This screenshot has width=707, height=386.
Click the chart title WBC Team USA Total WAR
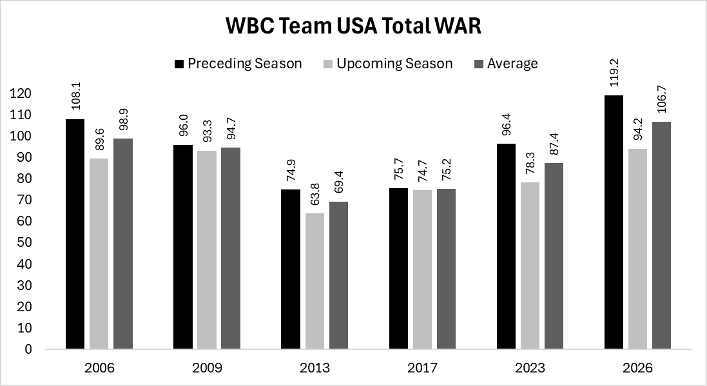point(353,26)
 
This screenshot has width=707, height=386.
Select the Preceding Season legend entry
point(237,63)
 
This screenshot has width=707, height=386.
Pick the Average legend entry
point(505,63)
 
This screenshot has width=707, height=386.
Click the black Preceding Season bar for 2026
point(614,222)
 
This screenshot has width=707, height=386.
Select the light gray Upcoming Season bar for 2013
point(315,281)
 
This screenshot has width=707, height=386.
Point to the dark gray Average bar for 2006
point(122,244)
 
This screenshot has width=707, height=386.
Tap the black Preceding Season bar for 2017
point(399,269)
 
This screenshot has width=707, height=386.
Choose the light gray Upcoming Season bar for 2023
point(530,265)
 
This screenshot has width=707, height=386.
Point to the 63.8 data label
point(315,195)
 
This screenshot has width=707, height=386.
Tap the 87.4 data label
point(554,144)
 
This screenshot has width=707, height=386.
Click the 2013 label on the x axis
point(315,369)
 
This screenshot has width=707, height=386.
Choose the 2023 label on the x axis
point(530,369)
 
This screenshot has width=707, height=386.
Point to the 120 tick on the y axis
point(21,93)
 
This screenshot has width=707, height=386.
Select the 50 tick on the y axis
point(24,243)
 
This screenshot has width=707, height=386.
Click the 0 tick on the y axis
point(28,349)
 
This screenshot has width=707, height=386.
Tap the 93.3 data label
point(207,131)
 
